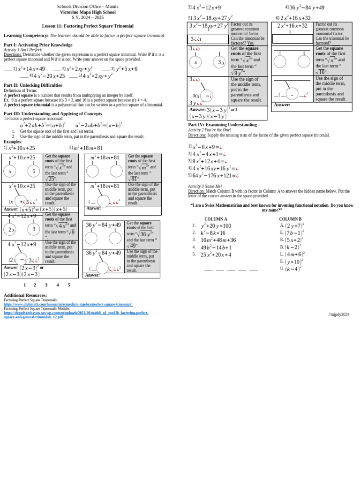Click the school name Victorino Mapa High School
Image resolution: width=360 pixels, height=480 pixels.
88,12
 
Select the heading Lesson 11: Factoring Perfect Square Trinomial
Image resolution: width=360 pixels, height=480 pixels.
88,26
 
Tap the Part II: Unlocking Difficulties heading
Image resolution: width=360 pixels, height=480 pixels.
33,85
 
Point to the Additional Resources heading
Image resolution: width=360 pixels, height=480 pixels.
25,295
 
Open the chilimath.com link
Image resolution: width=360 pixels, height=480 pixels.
68,304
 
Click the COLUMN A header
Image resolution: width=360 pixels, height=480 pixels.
216,219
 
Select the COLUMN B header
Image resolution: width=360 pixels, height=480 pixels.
290,219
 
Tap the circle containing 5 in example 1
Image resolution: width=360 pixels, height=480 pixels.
34,172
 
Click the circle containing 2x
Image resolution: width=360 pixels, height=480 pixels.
11,230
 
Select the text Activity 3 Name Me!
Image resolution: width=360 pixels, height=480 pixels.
205,186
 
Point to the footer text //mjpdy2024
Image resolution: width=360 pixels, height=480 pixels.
339,314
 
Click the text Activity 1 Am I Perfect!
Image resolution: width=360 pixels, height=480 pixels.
23,49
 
